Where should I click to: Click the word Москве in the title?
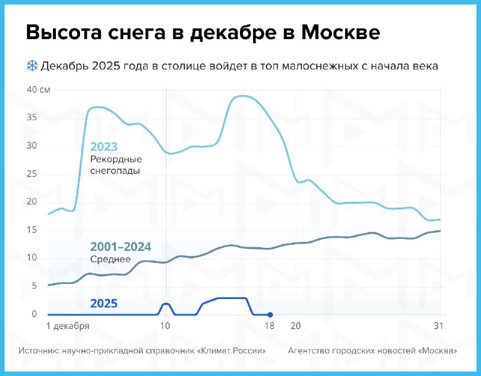point(340,33)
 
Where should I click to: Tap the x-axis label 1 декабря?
point(68,327)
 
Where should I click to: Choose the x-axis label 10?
point(165,327)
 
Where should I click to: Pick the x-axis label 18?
point(269,327)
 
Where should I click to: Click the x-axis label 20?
point(295,327)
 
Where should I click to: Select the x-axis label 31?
point(440,327)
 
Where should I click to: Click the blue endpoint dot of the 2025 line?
point(270,315)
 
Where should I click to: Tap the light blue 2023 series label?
point(103,147)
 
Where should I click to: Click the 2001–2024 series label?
point(120,247)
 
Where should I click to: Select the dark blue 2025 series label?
point(103,303)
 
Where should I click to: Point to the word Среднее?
point(110,259)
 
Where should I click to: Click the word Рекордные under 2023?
point(115,159)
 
